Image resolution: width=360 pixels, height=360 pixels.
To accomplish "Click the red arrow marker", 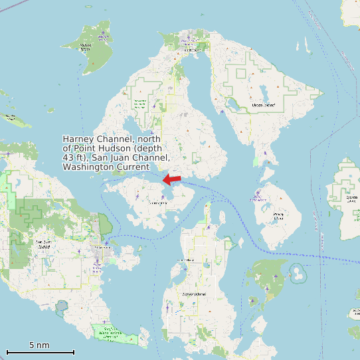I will [x=171, y=179].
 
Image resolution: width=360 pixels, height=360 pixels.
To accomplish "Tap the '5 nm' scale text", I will [x=39, y=345].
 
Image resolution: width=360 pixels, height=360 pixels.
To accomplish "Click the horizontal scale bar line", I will [x=40, y=351].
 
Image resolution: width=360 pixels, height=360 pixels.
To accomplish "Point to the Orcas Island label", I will [x=264, y=106].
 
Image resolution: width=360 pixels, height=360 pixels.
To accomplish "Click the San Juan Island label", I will [x=44, y=245].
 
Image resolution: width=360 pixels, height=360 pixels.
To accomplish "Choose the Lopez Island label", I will [x=193, y=293].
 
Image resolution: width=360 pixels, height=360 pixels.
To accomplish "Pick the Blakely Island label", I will [x=278, y=214].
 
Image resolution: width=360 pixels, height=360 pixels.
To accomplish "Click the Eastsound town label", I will [x=193, y=50].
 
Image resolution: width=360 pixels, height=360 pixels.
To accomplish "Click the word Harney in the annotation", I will [x=78, y=139].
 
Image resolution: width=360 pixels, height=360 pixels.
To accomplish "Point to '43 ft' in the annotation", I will [x=74, y=157].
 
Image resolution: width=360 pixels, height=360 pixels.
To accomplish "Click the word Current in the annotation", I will [x=132, y=167].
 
